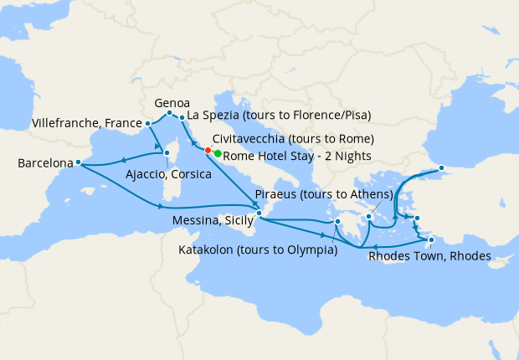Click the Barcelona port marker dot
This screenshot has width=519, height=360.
tap(78, 162)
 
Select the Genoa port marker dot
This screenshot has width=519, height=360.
tap(169, 113)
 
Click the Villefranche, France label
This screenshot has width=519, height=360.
tap(86, 123)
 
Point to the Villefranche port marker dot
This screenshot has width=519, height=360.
tap(148, 124)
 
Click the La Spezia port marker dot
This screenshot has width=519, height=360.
tap(182, 118)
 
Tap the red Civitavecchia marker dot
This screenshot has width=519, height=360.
tap(208, 151)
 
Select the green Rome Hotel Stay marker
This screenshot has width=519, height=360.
tap(217, 154)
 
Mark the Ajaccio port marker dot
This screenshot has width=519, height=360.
tap(167, 153)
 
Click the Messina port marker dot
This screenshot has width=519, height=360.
tap(259, 213)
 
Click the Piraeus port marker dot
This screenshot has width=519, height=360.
tap(368, 217)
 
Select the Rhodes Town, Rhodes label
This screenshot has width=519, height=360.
tap(429, 256)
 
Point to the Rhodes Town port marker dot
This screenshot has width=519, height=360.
tap(431, 241)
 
